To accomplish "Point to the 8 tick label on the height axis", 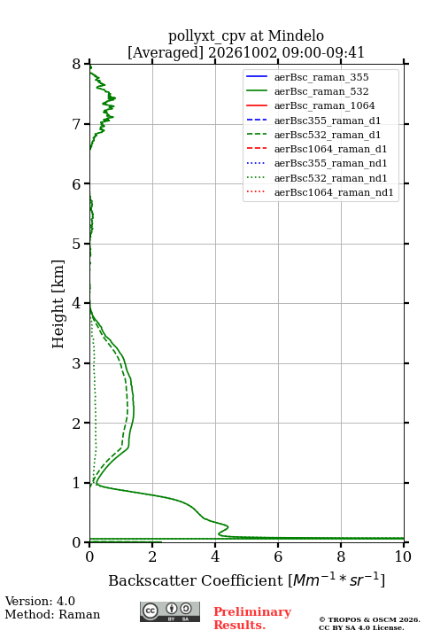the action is [77, 64].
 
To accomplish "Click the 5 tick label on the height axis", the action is [77, 244].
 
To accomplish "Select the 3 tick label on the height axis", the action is [77, 363].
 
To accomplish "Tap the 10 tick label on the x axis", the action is [403, 556].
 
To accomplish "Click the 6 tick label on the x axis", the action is [278, 556].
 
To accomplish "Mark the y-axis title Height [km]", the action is [58, 304].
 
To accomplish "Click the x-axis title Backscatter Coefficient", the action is [196, 580].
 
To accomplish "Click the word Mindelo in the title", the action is [296, 35].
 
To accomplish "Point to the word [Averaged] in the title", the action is [166, 53].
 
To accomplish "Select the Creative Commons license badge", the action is [170, 611].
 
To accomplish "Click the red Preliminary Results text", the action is [252, 619].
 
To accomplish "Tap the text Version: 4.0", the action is [40, 601].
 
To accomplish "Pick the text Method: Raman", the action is [52, 614].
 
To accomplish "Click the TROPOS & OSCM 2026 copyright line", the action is [369, 619].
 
